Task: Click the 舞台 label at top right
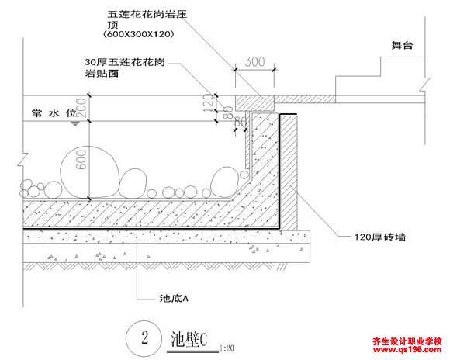[402, 45]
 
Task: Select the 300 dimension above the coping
[254, 62]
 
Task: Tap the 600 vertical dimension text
[81, 160]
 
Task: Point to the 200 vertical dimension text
[81, 107]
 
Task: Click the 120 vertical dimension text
[208, 103]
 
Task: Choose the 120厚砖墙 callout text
[379, 237]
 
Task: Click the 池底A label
[174, 299]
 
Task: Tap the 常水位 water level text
[54, 113]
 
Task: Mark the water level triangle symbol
[75, 123]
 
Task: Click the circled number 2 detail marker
[144, 338]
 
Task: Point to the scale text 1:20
[227, 348]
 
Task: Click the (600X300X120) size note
[139, 34]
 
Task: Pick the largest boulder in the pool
[89, 172]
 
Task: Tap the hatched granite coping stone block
[254, 102]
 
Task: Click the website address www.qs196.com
[407, 349]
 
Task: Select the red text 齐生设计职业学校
[407, 341]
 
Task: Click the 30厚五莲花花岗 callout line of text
[125, 62]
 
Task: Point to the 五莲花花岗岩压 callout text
[147, 15]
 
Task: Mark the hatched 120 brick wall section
[289, 171]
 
